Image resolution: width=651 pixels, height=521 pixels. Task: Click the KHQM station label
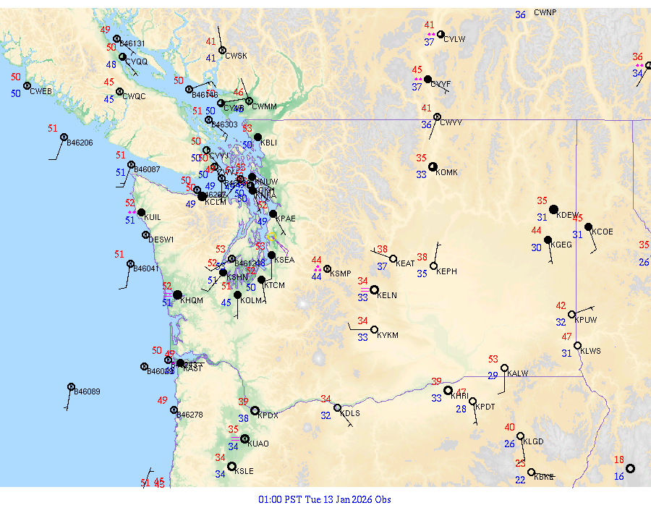tap(192, 300)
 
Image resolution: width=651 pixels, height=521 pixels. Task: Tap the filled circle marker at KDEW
tap(554, 210)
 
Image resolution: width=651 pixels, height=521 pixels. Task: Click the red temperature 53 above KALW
tap(493, 359)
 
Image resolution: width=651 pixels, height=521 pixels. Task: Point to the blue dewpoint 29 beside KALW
tap(493, 376)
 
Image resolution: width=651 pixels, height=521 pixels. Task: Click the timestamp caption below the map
tap(325, 499)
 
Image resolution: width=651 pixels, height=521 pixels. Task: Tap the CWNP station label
tap(545, 12)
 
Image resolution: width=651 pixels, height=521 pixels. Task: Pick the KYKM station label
tap(388, 335)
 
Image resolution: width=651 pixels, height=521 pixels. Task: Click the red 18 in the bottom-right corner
tap(619, 459)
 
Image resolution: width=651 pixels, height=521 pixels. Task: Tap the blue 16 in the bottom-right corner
tap(619, 476)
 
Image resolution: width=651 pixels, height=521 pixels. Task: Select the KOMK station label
tap(446, 172)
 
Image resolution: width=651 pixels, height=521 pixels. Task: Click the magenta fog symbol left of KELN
tap(364, 289)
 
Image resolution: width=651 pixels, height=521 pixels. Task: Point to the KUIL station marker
tap(141, 212)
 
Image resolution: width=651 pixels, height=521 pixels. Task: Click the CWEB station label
tap(41, 91)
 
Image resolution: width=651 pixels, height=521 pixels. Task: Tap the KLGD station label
tap(533, 441)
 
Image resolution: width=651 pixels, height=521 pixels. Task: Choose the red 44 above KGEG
tap(537, 231)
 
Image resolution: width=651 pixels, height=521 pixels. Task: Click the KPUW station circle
tap(571, 315)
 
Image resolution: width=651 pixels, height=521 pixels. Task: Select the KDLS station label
tap(350, 413)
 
